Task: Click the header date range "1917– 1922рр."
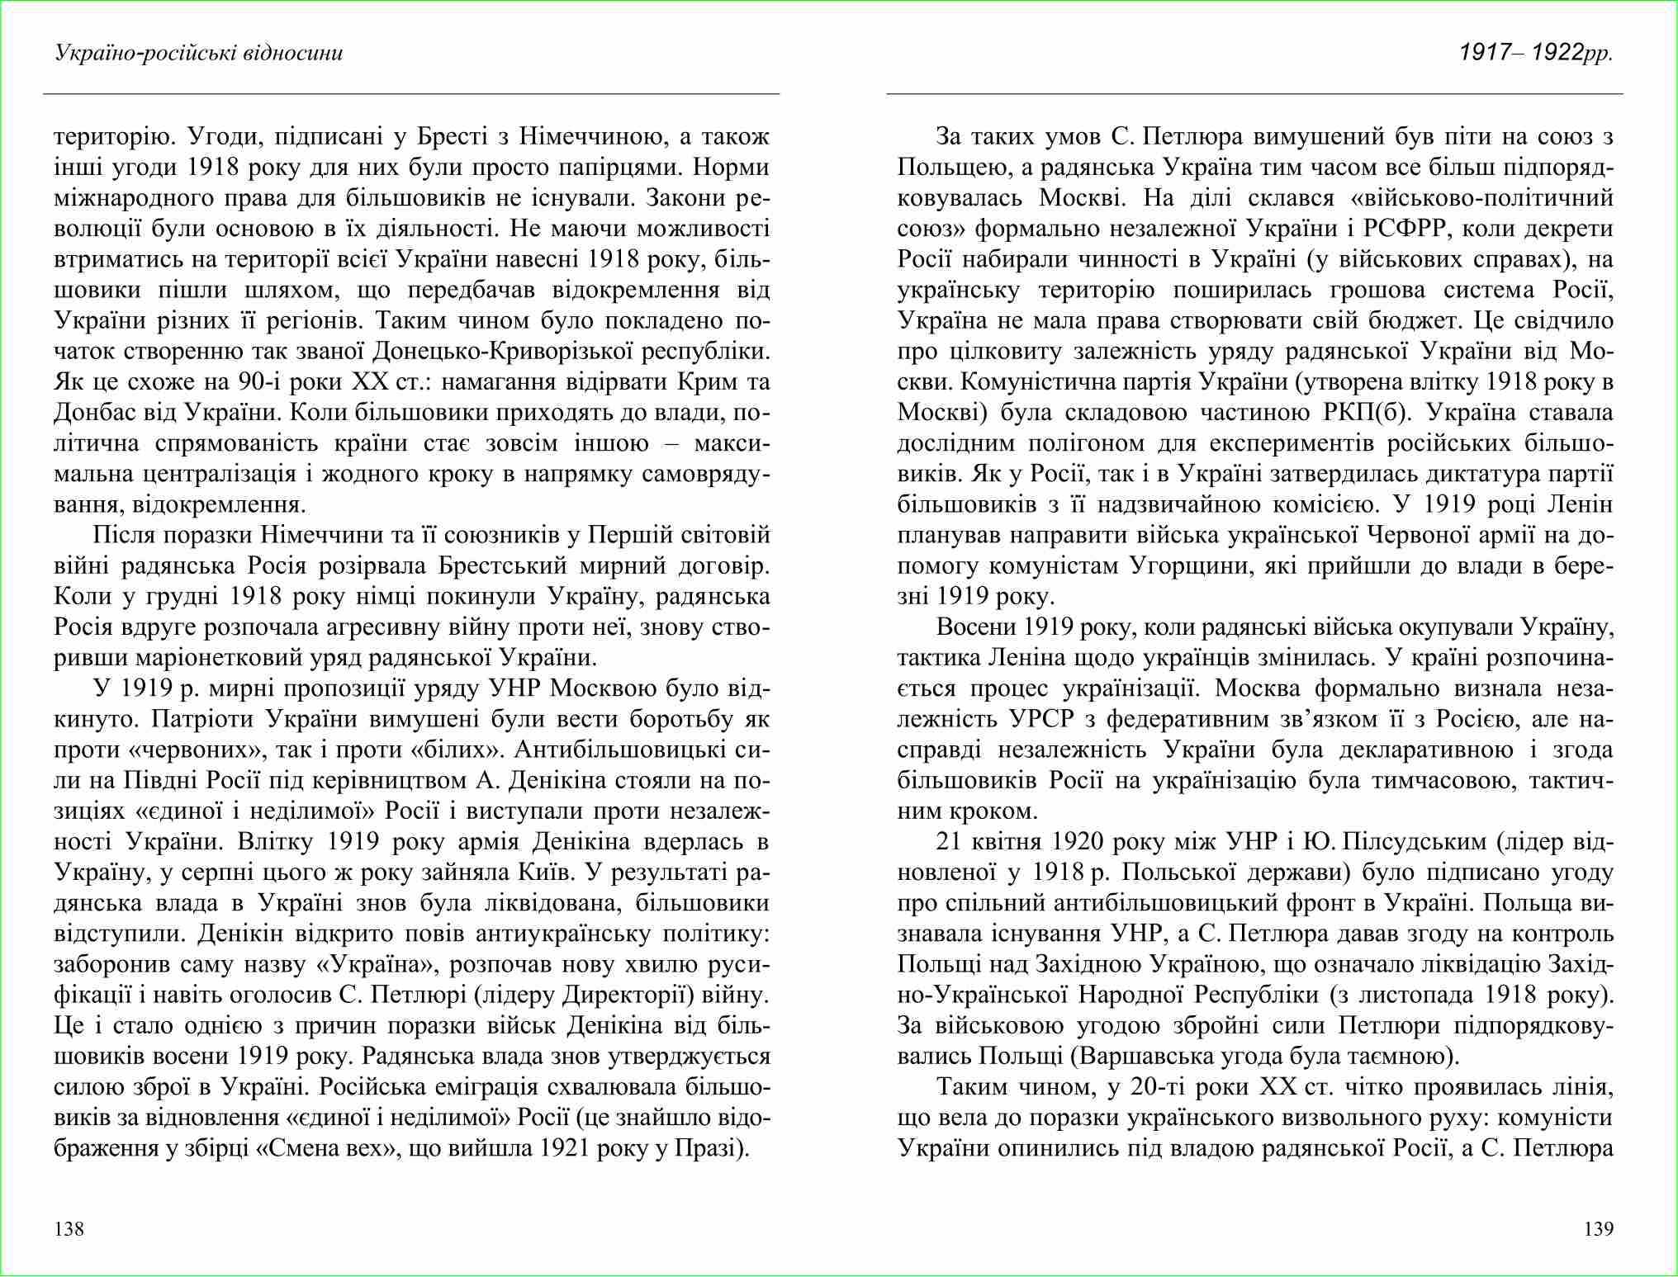[1535, 53]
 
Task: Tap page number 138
[69, 1229]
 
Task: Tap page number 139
[1598, 1229]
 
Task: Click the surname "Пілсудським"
[1416, 842]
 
